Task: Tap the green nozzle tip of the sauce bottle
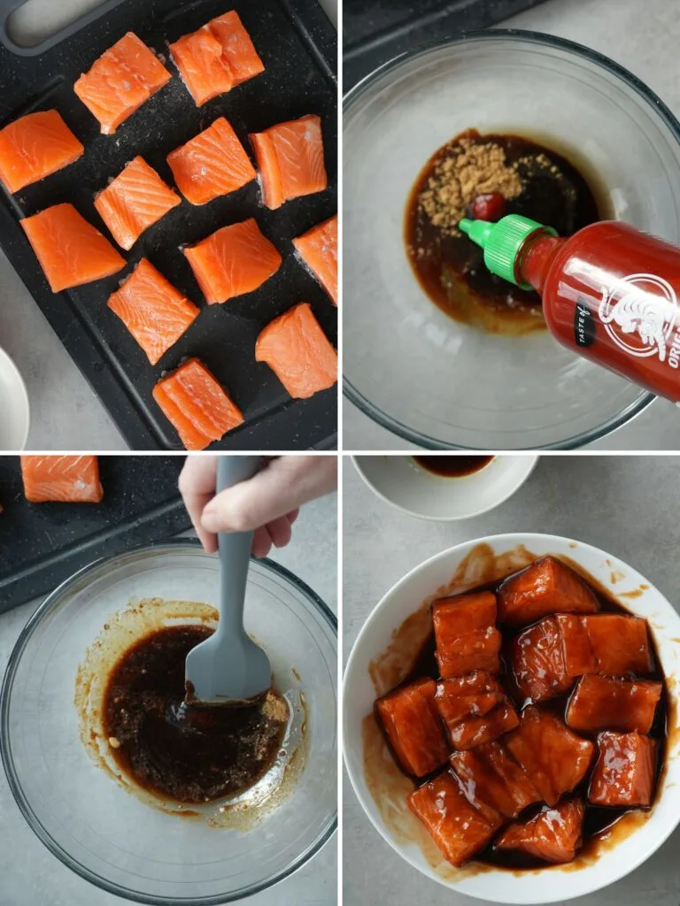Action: (468, 228)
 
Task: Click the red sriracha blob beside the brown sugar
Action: (486, 206)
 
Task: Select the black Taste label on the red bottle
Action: (585, 325)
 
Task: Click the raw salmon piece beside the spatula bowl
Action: (61, 479)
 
